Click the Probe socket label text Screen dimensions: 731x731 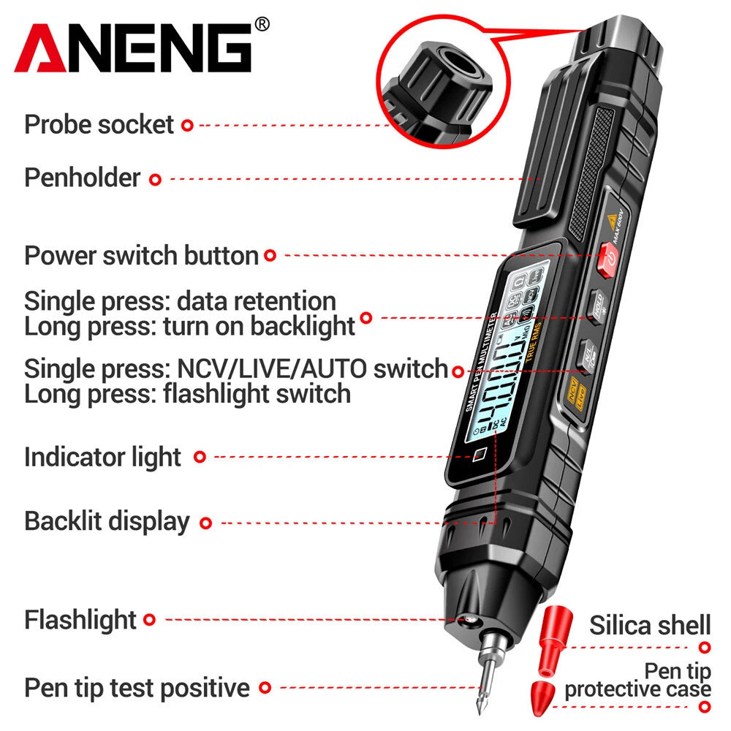pyautogui.click(x=99, y=124)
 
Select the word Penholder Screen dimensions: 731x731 pyautogui.click(x=82, y=178)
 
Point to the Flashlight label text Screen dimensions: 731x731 pyautogui.click(x=80, y=620)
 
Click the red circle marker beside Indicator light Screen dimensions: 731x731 pyautogui.click(x=200, y=457)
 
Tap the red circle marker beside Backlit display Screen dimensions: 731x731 pyautogui.click(x=206, y=523)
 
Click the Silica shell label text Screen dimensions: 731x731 pyautogui.click(x=650, y=626)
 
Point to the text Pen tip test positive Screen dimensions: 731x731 pyautogui.click(x=137, y=688)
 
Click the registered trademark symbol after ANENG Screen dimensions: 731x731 pyautogui.click(x=262, y=24)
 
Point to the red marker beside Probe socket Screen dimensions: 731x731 pyautogui.click(x=187, y=126)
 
